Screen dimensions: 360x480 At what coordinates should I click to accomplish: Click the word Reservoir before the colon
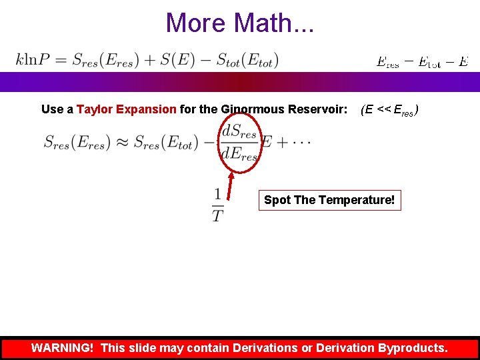[318, 109]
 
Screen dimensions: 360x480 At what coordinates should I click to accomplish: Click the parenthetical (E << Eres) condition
[390, 110]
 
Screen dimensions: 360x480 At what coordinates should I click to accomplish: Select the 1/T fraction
[218, 205]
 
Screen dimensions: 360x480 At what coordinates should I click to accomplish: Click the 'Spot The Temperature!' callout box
[329, 200]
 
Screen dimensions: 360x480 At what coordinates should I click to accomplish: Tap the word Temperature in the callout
[362, 200]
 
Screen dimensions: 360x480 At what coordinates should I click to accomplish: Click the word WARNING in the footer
[62, 348]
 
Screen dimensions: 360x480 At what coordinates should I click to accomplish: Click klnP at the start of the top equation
[36, 60]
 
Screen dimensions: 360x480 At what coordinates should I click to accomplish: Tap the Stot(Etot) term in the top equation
[247, 60]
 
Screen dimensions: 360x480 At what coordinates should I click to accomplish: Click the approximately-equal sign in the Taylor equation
[120, 142]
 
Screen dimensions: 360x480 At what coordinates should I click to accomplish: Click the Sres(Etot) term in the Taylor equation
[164, 142]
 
